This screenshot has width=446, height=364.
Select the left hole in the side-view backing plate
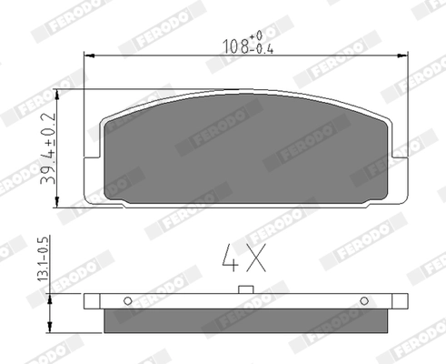tap(128, 300)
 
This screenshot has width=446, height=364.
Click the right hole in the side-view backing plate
tap(363, 300)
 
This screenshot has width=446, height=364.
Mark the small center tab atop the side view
tap(244, 290)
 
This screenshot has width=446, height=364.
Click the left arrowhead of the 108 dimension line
tap(88, 56)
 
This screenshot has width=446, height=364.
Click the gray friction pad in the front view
tap(244, 150)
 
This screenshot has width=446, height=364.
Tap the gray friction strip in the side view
tap(244, 321)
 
